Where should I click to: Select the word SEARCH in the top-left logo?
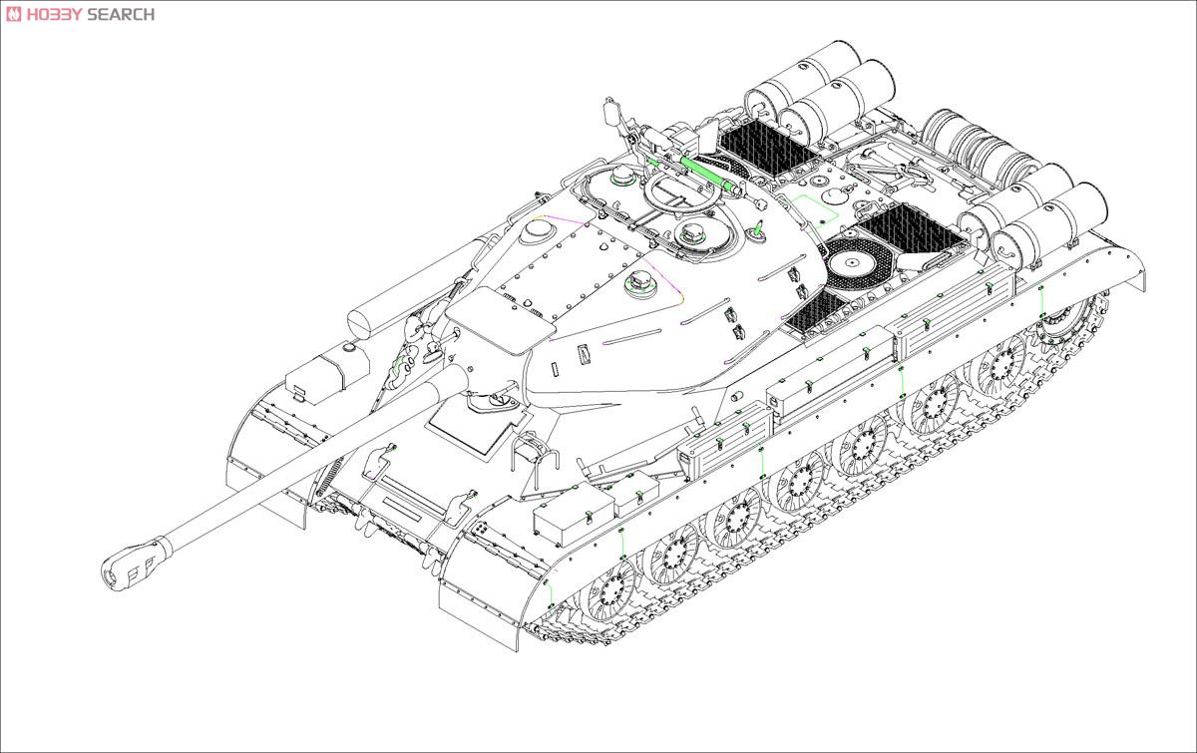pos(121,14)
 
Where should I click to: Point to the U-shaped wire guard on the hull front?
pos(532,454)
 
